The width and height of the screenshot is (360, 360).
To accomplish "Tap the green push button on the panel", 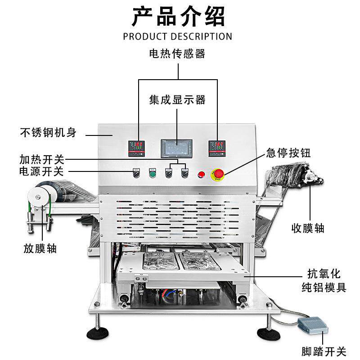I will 152,174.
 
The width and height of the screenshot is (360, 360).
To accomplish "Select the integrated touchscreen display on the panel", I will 176,148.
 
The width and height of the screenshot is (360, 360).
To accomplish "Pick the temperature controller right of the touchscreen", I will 216,148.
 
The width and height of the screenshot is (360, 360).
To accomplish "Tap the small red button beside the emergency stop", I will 201,174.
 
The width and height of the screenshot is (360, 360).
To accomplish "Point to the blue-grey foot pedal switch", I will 310,323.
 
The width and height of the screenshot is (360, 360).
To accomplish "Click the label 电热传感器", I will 177,54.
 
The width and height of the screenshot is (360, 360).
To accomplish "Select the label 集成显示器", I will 177,99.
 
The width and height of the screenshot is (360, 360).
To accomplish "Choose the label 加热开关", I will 42,159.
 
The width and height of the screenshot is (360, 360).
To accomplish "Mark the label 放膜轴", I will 40,248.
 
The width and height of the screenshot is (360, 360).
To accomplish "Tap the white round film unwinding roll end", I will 36,195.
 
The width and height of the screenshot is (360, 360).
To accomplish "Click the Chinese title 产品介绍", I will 178,17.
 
